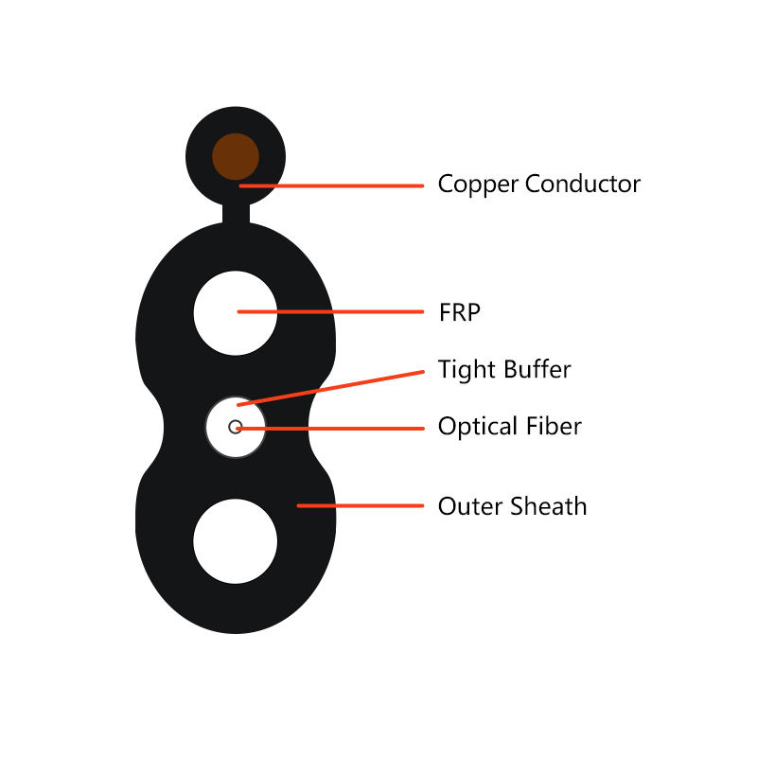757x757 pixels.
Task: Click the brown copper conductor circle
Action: tap(236, 156)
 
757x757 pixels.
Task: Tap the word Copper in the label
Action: tap(478, 185)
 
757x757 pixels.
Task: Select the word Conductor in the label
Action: tap(583, 184)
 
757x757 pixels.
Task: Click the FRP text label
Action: tap(460, 312)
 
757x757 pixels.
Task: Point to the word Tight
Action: tap(467, 370)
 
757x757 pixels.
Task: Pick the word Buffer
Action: tap(537, 369)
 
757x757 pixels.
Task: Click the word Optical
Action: tap(478, 427)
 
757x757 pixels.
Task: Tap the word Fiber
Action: tap(554, 426)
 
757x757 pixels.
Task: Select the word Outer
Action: tap(470, 506)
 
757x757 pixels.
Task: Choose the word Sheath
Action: tap(549, 506)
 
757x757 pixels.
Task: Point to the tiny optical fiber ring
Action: tap(235, 421)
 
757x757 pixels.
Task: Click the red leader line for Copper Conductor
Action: tap(332, 185)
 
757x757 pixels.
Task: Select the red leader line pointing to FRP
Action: tap(330, 312)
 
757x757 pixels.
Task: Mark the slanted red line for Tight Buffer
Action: tap(330, 388)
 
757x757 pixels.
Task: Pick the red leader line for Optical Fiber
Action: tap(330, 429)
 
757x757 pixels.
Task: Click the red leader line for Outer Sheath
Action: tap(361, 505)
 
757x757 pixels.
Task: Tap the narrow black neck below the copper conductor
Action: tap(236, 214)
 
